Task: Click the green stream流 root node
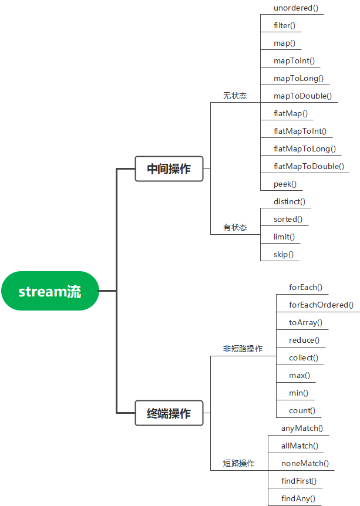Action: pyautogui.click(x=49, y=291)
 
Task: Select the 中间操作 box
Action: pyautogui.click(x=169, y=168)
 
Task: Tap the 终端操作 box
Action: pyautogui.click(x=169, y=413)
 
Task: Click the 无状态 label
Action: pyautogui.click(x=235, y=96)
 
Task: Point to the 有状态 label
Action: pyautogui.click(x=235, y=228)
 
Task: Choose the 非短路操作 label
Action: pyautogui.click(x=243, y=349)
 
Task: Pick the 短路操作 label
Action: pyautogui.click(x=238, y=463)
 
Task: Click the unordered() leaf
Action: pyautogui.click(x=296, y=8)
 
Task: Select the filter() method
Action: pyautogui.click(x=284, y=26)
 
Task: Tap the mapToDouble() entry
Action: pyautogui.click(x=302, y=96)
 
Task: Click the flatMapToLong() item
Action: pyautogui.click(x=305, y=149)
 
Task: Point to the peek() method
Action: pyautogui.click(x=285, y=184)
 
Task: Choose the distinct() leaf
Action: pyautogui.click(x=290, y=202)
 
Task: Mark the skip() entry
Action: pyautogui.click(x=284, y=255)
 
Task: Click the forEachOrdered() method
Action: pyautogui.click(x=321, y=305)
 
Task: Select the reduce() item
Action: pyautogui.click(x=304, y=340)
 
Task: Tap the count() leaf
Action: pyautogui.click(x=302, y=410)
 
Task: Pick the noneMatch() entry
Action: pyautogui.click(x=305, y=463)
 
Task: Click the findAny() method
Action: pyautogui.click(x=298, y=498)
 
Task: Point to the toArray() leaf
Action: pyautogui.click(x=305, y=322)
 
